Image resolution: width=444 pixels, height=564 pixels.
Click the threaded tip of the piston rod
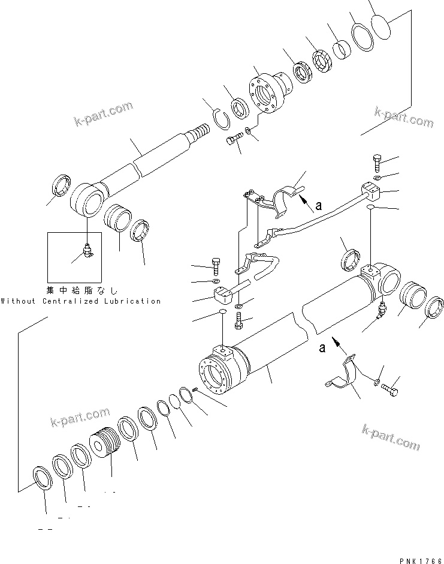(x=201, y=131)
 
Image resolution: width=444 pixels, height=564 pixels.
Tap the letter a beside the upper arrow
(x=319, y=205)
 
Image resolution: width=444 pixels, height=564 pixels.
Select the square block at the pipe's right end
(x=370, y=193)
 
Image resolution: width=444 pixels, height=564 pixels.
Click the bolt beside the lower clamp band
(x=390, y=388)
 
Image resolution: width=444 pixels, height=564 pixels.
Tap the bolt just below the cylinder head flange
(x=234, y=142)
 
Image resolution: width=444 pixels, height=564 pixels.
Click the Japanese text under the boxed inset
(x=83, y=290)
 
